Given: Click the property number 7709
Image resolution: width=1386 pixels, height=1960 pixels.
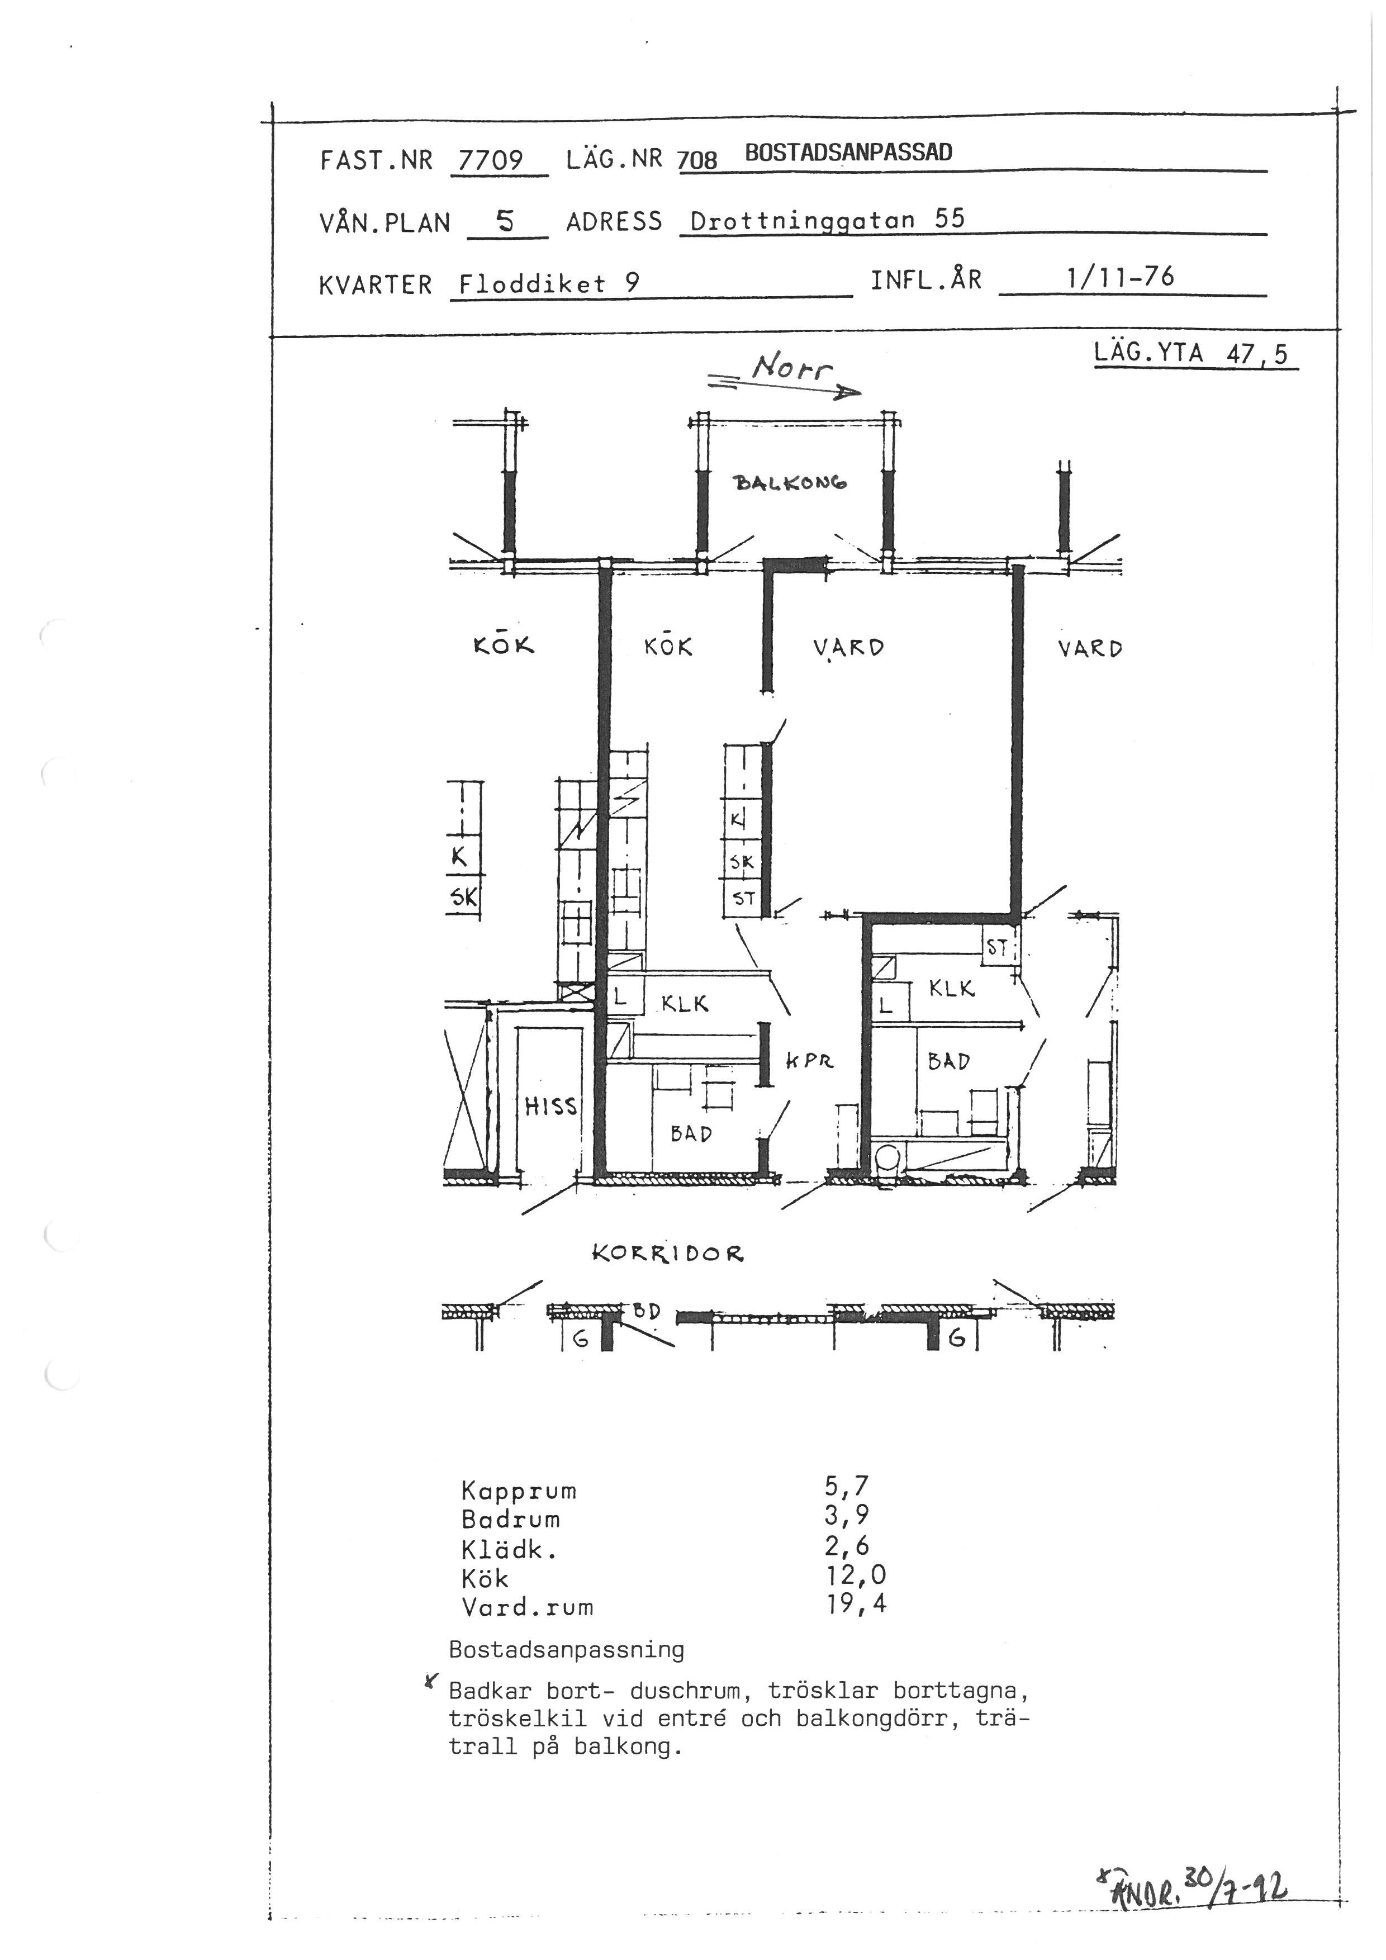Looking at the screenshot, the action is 491,160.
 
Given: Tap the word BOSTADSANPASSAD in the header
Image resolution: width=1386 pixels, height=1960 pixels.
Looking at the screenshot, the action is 848,152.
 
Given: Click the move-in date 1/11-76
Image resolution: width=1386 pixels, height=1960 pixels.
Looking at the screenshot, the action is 1120,277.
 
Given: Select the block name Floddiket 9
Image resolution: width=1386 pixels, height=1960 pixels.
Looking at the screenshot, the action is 549,283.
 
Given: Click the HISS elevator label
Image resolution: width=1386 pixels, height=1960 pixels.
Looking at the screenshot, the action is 550,1107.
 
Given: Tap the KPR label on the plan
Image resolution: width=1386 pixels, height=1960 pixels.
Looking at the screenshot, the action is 809,1061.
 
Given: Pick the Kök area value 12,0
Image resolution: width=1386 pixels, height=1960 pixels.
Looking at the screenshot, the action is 856,1575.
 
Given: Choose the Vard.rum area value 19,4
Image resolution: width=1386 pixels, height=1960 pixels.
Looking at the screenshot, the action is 856,1604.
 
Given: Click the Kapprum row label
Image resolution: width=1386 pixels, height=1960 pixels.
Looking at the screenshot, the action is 519,1491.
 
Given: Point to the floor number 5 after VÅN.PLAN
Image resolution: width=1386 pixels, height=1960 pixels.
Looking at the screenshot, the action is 505,222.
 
